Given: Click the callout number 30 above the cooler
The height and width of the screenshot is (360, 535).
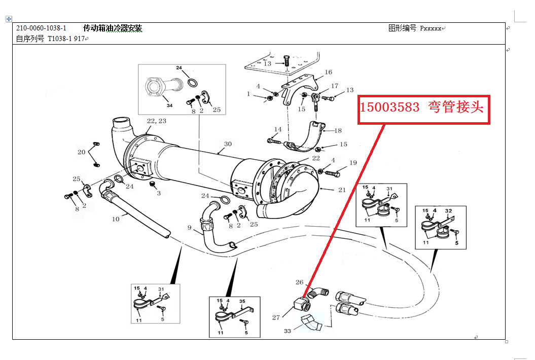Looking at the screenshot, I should tap(228, 144).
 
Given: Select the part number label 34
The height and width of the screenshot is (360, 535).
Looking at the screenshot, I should tap(169, 105).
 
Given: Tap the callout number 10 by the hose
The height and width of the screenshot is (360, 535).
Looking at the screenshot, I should tap(116, 219).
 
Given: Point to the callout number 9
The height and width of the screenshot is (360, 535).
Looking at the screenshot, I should tap(190, 228).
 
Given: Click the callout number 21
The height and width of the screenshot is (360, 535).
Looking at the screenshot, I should tap(341, 190).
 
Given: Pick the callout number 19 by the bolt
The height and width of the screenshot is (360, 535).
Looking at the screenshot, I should tap(353, 163).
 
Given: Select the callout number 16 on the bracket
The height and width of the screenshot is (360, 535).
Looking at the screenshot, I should tap(329, 73).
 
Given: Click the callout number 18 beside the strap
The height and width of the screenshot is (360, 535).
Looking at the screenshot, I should tap(338, 130).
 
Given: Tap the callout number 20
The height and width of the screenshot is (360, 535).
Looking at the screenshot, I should tap(81, 152).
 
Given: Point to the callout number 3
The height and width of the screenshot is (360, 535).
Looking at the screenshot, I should tap(158, 193).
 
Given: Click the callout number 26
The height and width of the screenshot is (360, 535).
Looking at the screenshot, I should tap(299, 282).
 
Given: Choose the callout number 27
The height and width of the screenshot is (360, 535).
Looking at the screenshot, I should tap(276, 318).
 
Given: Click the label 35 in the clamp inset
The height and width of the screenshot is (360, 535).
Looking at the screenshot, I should tap(242, 301).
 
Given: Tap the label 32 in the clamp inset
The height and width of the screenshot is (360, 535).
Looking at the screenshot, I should tap(448, 210).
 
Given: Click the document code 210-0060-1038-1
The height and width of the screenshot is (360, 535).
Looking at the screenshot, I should tap(41, 28).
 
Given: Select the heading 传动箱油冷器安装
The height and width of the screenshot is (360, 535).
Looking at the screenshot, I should tap(113, 28).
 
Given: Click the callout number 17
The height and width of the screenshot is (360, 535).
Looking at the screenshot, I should tap(335, 86).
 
